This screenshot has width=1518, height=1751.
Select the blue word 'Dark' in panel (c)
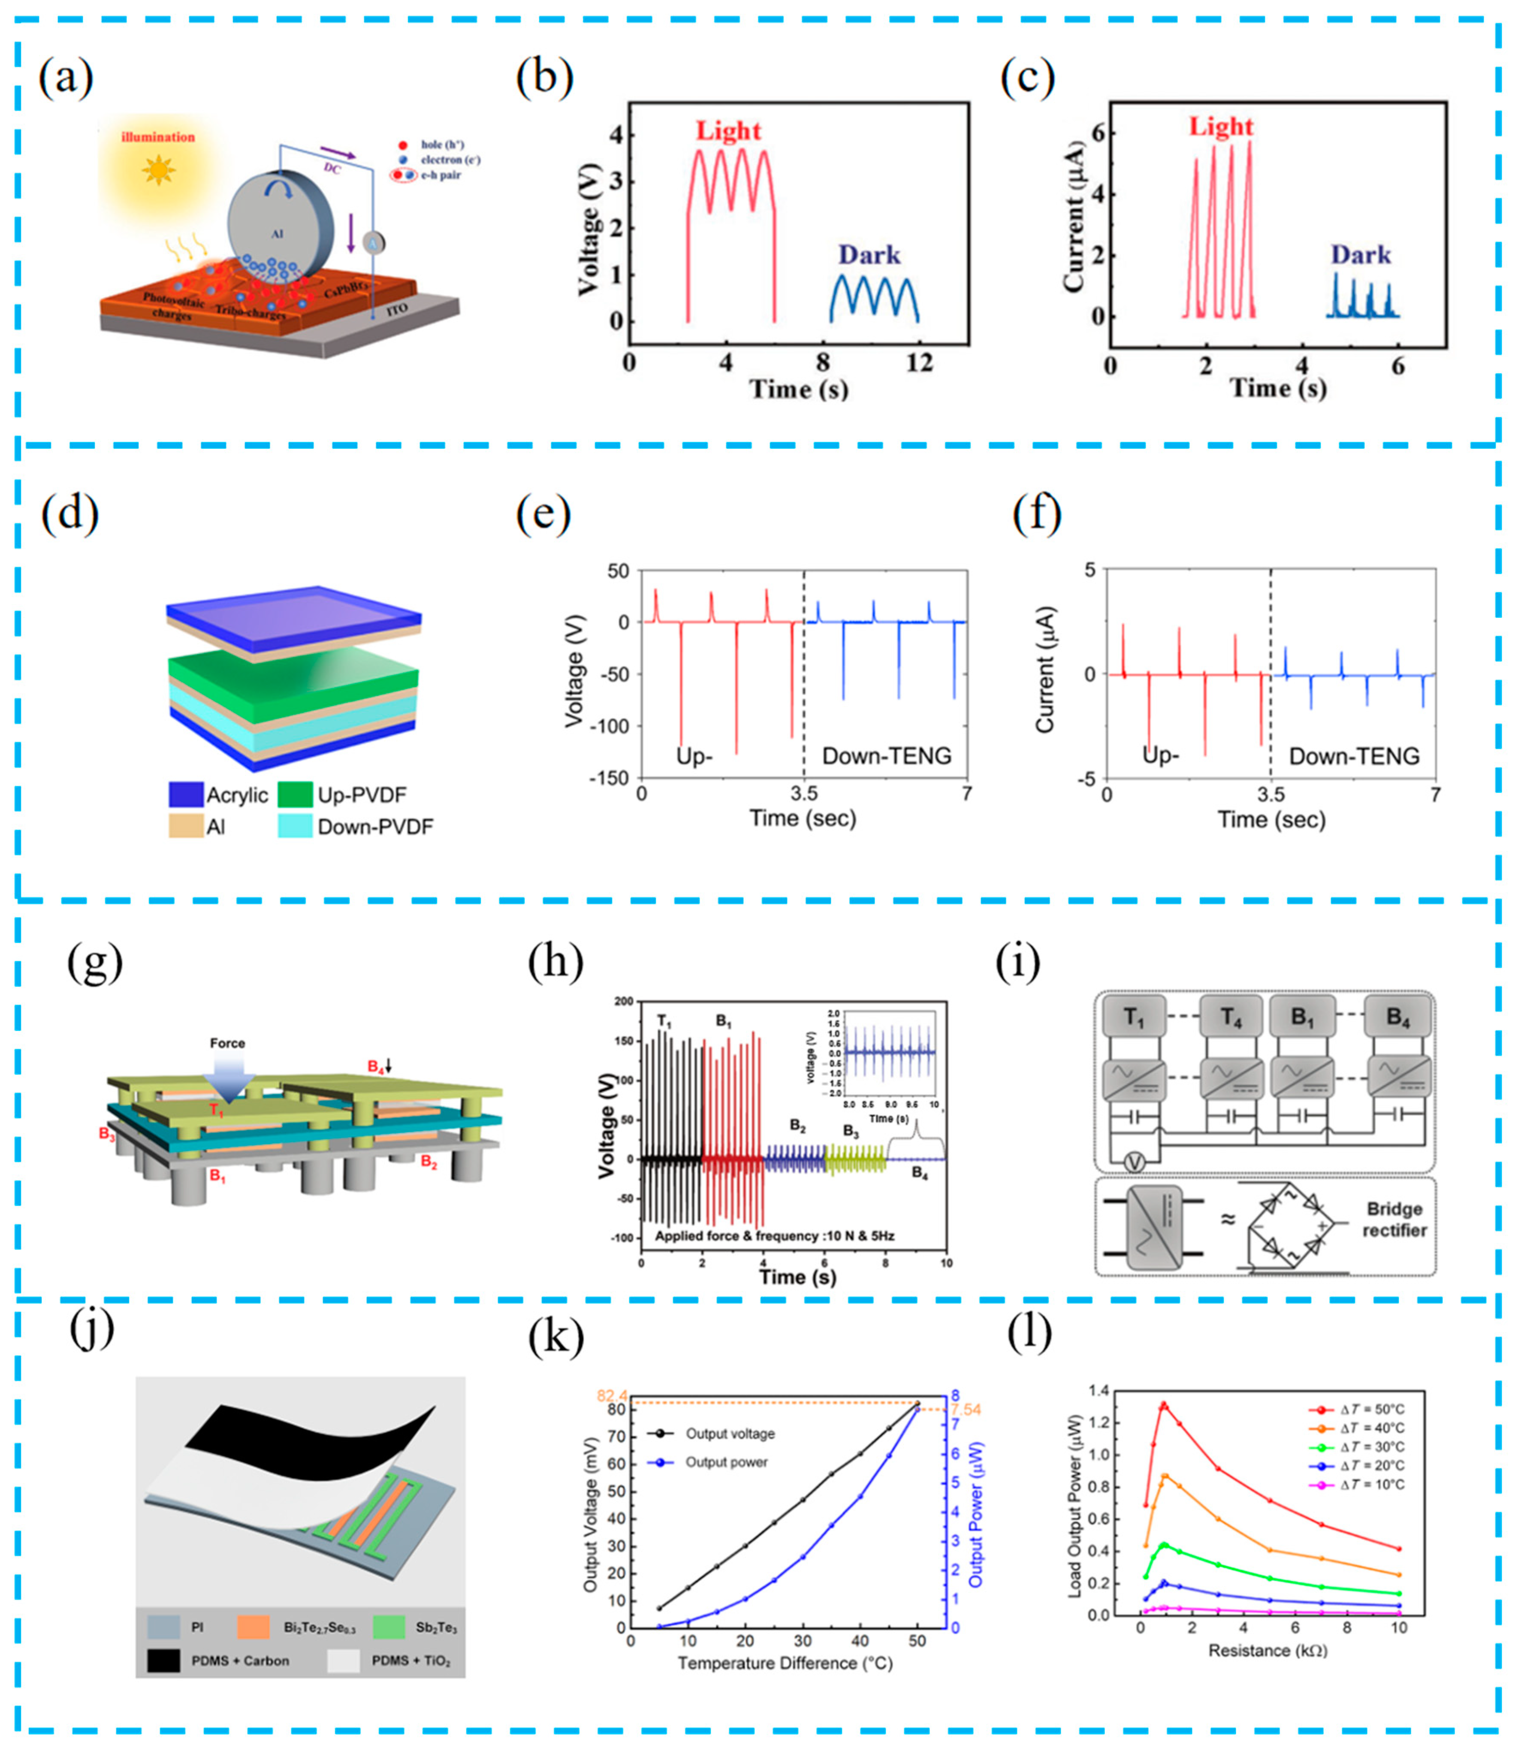point(1361,255)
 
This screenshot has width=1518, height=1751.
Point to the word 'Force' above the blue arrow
point(227,1043)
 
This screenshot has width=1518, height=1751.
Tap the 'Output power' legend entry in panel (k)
point(726,1462)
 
